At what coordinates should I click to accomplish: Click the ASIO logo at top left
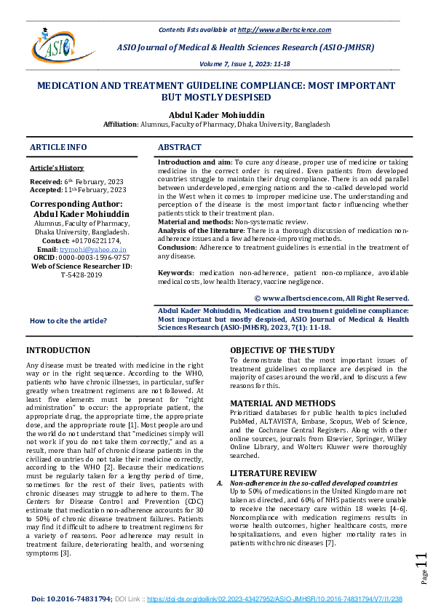tap(49, 44)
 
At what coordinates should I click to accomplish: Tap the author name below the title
tap(216, 114)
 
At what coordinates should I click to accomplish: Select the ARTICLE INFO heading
tap(58, 147)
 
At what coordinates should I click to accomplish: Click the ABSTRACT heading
tap(180, 147)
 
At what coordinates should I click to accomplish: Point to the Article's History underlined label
tap(57, 168)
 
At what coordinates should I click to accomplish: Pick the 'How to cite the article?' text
tap(68, 321)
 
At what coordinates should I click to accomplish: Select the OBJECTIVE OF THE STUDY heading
tap(282, 351)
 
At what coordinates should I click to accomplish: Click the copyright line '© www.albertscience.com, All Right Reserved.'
tap(332, 298)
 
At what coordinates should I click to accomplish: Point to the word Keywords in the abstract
tap(175, 272)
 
